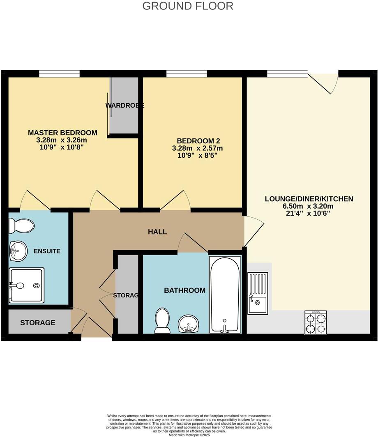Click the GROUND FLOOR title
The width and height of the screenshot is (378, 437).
pos(188,6)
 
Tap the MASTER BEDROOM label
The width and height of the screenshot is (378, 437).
pos(62,133)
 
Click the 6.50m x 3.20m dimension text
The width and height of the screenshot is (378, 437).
pos(309,206)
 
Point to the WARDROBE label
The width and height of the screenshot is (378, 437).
pos(124,106)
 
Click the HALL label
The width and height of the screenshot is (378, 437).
pos(157,232)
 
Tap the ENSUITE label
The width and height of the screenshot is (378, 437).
pos(47,251)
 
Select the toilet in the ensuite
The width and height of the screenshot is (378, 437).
pos(21,225)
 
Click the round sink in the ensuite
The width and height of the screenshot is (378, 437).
pos(18,251)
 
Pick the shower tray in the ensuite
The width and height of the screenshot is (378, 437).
pos(26,285)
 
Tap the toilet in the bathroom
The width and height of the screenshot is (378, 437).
pos(162,321)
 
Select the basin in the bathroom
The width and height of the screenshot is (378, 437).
pos(189,323)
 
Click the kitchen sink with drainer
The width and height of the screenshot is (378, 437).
pos(258,293)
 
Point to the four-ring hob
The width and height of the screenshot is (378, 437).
pos(316,322)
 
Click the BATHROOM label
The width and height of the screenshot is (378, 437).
pos(184,290)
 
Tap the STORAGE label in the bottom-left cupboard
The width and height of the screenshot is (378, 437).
pos(38,323)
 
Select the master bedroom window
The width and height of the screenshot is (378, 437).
pos(59,74)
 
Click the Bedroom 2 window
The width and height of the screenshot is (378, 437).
pos(187,74)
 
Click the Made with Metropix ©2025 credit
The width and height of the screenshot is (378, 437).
pos(189,435)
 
